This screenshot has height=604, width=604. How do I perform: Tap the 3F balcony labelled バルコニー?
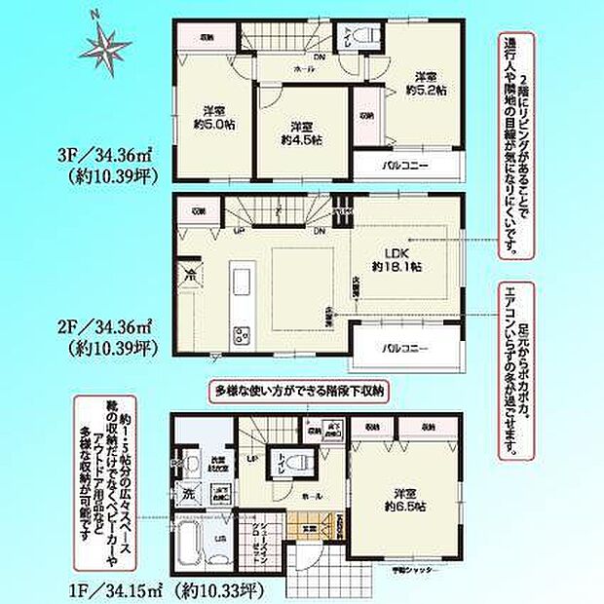point(404,166)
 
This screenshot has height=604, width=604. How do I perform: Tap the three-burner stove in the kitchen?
point(240,336)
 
